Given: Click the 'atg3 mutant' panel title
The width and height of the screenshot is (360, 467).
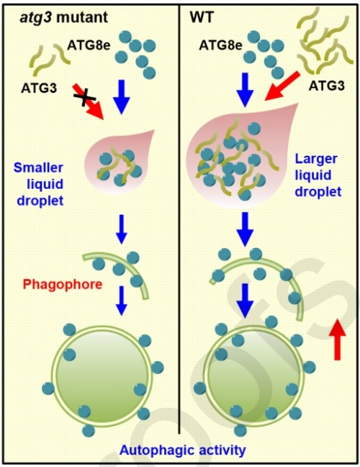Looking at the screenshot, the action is click(63, 17).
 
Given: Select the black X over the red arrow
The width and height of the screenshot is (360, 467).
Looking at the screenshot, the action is click(85, 96).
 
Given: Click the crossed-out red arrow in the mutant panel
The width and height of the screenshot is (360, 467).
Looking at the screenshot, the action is click(88, 102).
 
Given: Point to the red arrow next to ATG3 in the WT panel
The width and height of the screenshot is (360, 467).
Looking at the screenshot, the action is click(282, 86).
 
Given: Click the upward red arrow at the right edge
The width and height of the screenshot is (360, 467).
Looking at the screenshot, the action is click(338, 339).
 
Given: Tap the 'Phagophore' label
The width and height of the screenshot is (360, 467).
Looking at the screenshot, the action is click(63, 284).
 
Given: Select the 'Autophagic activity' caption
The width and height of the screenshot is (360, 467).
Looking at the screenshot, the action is click(183, 450).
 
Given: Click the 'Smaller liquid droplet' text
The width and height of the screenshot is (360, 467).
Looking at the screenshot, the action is click(39, 184).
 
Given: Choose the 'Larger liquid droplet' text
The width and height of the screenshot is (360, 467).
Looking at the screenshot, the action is click(318, 175).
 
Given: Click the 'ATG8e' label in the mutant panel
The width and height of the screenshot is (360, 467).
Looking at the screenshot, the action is click(89, 45).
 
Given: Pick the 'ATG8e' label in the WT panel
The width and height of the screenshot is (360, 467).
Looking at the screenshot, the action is click(221, 45).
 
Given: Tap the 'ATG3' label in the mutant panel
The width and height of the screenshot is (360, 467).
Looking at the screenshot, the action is click(39, 88).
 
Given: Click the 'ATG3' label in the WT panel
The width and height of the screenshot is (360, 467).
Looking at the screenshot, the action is click(327, 86).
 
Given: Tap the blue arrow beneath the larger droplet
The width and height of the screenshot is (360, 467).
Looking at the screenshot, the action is click(245, 229).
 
